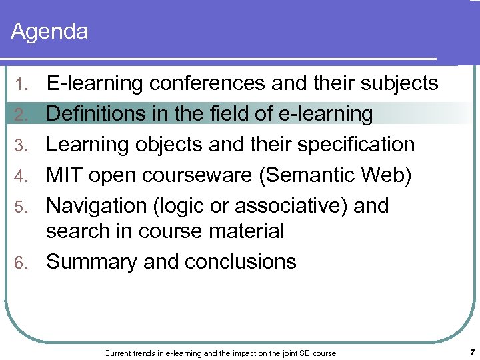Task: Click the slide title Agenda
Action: tap(50, 31)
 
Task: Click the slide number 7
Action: tap(471, 351)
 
